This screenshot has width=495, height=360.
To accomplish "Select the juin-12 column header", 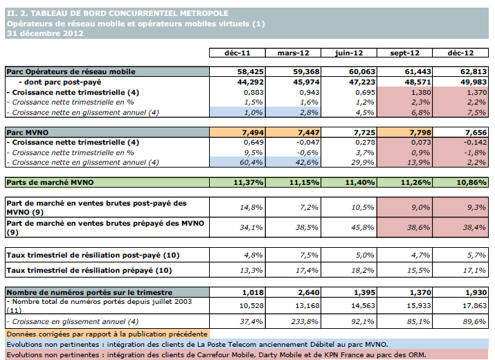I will (x=349, y=53).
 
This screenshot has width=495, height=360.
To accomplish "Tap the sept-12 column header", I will (x=405, y=53).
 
